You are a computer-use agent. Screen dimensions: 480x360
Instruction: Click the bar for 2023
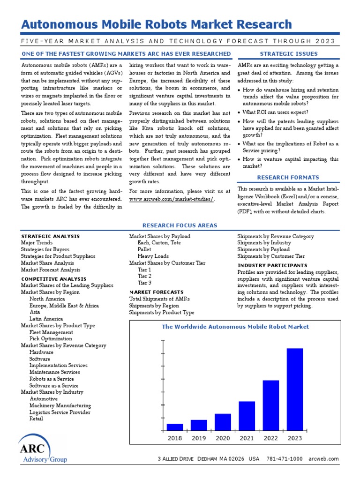click(x=294, y=389)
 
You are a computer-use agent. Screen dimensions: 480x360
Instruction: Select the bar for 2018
click(x=175, y=427)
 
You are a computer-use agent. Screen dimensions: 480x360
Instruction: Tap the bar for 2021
click(x=247, y=415)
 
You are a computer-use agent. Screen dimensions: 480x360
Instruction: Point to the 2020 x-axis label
click(x=223, y=438)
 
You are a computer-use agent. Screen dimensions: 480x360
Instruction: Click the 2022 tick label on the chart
click(x=270, y=438)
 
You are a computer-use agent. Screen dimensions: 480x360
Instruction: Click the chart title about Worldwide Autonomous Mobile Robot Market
click(x=235, y=327)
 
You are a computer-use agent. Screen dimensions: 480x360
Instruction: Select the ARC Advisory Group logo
click(x=42, y=449)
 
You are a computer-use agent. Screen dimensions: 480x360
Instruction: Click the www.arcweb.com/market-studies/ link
click(x=172, y=199)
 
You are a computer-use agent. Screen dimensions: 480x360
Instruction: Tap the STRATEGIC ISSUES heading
click(x=288, y=54)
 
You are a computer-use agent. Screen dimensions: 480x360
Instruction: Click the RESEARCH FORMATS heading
click(x=288, y=177)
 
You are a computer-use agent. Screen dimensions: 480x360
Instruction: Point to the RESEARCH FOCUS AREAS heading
click(x=180, y=225)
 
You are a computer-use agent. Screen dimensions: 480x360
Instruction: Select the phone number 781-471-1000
click(x=285, y=459)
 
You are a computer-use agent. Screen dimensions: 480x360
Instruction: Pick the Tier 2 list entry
click(x=144, y=276)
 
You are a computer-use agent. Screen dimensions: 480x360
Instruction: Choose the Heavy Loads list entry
click(x=153, y=256)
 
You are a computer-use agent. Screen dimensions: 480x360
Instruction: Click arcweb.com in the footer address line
click(x=323, y=459)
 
